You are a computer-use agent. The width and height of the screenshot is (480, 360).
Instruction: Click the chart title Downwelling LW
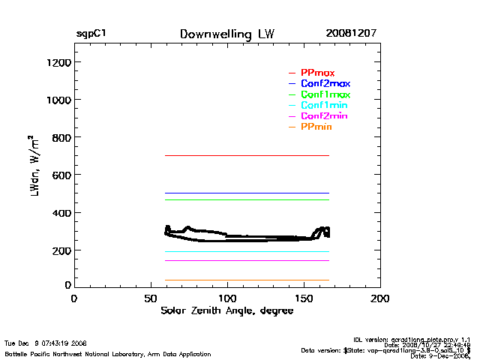[x=227, y=34]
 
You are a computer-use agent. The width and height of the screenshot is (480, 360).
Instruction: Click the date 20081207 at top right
[x=351, y=34]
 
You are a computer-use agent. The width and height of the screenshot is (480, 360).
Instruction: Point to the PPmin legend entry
[x=316, y=127]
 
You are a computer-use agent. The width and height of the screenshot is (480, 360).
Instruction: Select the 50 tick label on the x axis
[x=150, y=298]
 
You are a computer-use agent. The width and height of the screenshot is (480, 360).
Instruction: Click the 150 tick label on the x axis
[x=304, y=298]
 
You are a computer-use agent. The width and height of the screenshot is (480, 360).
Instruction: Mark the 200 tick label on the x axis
[x=380, y=298]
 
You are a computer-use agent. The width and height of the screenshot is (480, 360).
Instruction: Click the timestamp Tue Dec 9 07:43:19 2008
[x=46, y=343]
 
